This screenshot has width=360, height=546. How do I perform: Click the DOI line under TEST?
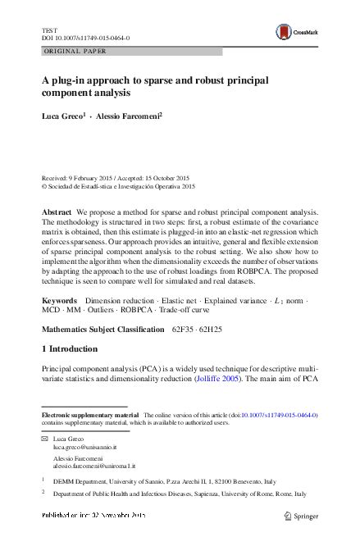[84, 38]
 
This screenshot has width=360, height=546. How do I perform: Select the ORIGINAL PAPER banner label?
[75, 51]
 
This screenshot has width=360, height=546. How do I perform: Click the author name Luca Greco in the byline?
[62, 116]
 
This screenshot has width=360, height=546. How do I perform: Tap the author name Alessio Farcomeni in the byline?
[128, 116]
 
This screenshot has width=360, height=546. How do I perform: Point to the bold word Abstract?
[57, 212]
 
